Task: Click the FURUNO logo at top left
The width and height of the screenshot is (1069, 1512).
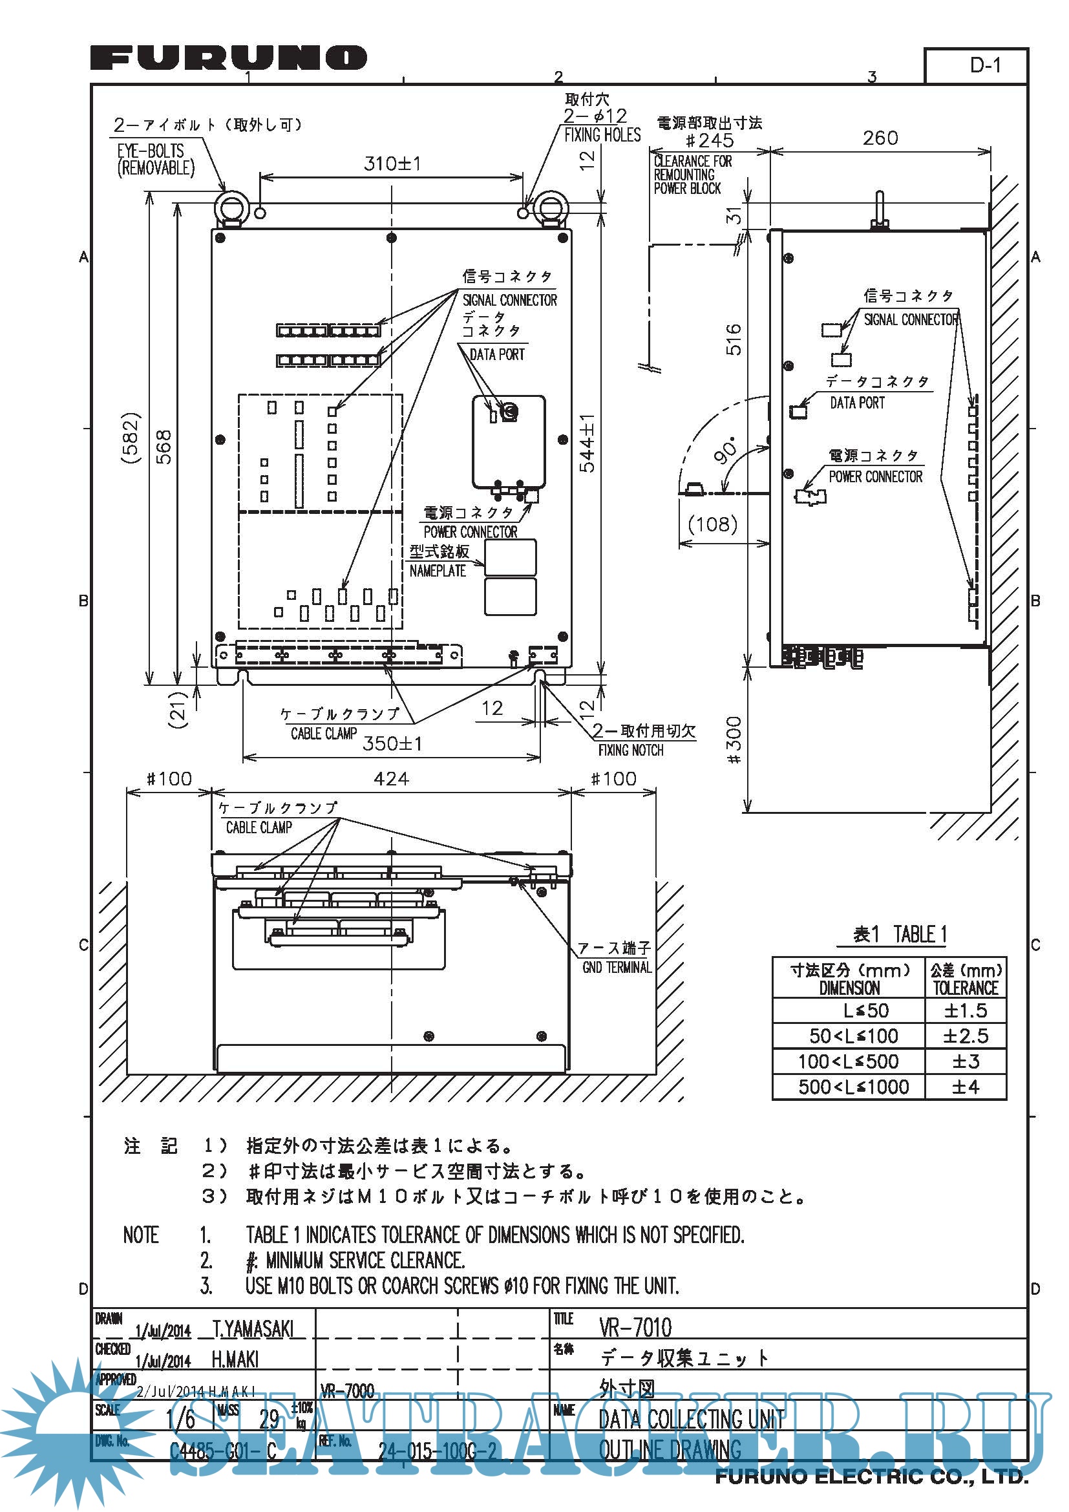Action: coord(228,58)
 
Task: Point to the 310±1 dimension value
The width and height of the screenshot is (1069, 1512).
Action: coord(392,164)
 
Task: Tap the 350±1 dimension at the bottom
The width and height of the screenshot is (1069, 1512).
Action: coord(392,743)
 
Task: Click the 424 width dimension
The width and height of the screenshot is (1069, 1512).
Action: coord(391,779)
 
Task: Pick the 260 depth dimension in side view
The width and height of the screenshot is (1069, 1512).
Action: coord(880,138)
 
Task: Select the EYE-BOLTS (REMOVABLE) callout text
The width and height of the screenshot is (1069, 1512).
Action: coord(155,160)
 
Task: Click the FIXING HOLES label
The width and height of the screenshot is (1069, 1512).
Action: coord(602,135)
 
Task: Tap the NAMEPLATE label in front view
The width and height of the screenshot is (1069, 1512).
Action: coord(438,571)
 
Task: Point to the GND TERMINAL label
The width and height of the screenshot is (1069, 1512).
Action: coord(616,968)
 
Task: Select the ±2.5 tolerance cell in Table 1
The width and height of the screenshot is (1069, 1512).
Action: coord(965,1036)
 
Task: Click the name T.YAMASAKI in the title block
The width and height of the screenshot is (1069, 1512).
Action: coord(253,1329)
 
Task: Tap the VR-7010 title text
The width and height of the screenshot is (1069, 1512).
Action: coord(635,1328)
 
